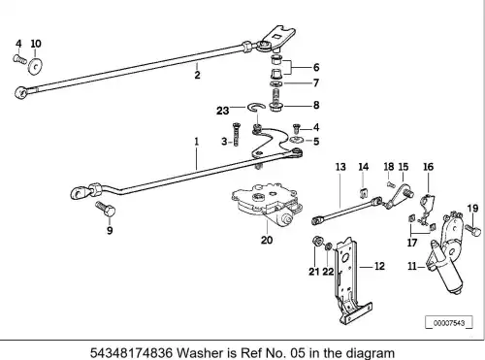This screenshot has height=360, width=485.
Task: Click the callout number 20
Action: tap(267, 240)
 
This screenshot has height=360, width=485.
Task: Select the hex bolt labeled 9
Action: tap(106, 209)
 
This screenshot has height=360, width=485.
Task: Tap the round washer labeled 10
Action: tap(35, 66)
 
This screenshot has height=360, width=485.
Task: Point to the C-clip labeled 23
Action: tap(256, 107)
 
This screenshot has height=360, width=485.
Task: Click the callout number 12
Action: tap(379, 266)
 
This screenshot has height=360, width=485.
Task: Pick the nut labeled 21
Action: tap(317, 241)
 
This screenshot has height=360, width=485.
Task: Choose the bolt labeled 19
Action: tap(472, 230)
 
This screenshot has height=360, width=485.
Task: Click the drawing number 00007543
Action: tap(449, 323)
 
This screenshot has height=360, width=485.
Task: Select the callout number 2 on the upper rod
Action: tap(197, 75)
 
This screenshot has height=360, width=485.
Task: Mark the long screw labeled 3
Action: tap(236, 134)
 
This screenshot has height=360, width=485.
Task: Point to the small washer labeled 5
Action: tap(296, 140)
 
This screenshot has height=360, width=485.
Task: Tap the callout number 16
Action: tap(429, 167)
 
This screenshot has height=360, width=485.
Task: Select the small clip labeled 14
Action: tap(363, 192)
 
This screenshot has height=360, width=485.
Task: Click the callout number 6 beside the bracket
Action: tap(316, 67)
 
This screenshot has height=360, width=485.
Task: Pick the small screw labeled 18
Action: tap(391, 184)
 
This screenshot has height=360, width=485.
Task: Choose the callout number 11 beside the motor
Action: tap(412, 266)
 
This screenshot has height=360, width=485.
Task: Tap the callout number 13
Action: tap(340, 167)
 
